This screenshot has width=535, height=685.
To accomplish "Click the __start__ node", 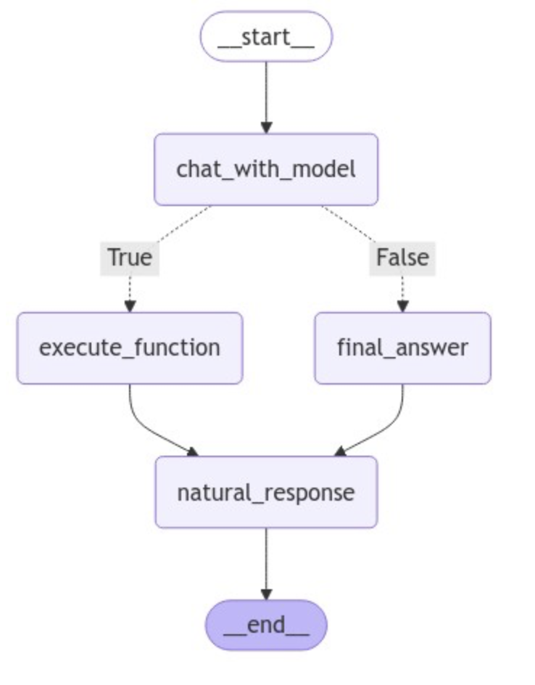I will coord(266,36).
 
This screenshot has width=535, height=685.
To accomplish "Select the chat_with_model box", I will coord(266,169).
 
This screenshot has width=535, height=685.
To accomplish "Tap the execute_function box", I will coord(129,348).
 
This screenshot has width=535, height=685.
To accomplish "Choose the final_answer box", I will coord(402,348).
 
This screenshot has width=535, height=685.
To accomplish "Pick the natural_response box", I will coord(266,492).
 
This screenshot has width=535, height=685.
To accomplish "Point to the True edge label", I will coord(130,257).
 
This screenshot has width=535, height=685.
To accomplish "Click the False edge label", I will coord(402,257).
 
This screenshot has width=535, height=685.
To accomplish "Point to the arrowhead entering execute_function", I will coord(130,306).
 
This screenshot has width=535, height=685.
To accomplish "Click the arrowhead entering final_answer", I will coord(402,306).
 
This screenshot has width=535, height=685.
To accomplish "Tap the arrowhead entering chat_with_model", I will coord(266,128).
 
